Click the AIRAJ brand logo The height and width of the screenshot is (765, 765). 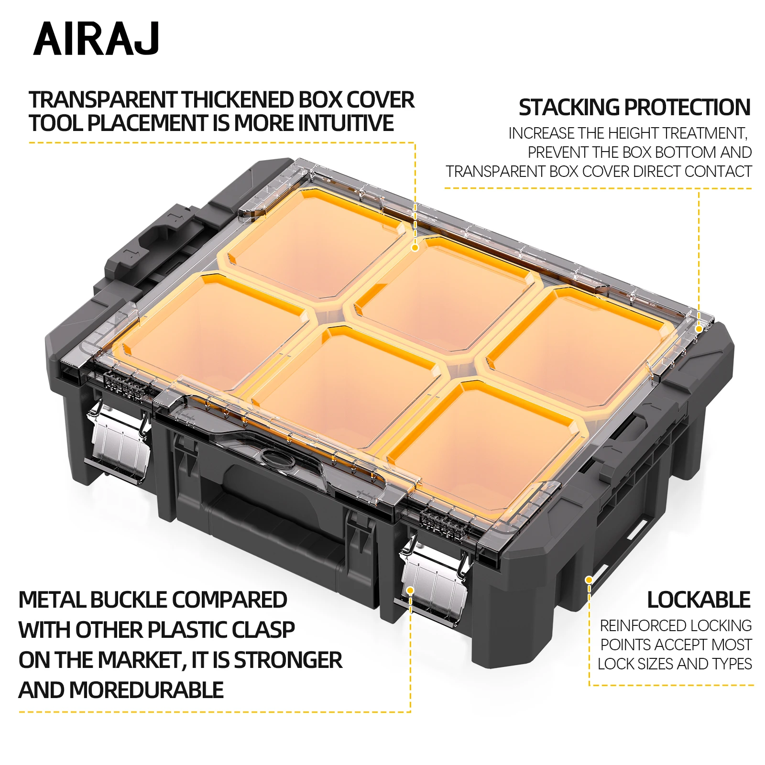coord(96,39)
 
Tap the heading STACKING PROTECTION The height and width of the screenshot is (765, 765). coord(634,108)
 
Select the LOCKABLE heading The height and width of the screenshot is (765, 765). coord(699,600)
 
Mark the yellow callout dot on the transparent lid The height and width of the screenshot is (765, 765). coord(415,248)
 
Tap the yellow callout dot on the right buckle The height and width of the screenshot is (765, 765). coord(410,591)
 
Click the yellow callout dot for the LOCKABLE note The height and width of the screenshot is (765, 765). coord(589,580)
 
